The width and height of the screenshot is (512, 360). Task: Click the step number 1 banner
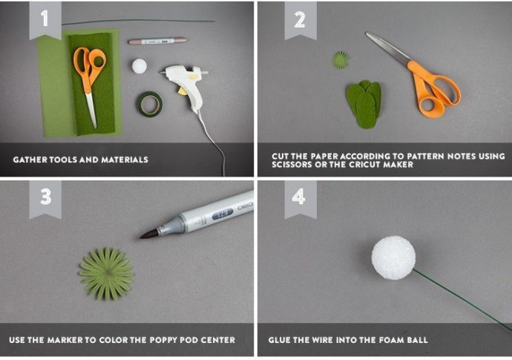45,20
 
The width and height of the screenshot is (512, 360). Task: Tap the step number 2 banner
301,20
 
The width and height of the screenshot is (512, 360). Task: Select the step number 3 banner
45,199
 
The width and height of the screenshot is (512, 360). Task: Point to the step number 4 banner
301,199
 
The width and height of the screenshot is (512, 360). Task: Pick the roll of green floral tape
149,104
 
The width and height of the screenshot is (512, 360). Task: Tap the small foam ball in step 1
140,66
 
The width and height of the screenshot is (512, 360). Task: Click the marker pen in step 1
157,41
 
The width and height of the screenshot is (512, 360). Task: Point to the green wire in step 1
138,22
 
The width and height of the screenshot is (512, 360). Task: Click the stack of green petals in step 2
364,104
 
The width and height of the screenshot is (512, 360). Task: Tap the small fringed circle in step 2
341,60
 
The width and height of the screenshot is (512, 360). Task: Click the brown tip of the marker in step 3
149,234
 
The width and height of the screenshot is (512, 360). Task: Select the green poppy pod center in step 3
107,273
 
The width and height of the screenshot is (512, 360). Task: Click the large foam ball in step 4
393,258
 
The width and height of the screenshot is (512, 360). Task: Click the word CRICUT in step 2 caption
364,164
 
